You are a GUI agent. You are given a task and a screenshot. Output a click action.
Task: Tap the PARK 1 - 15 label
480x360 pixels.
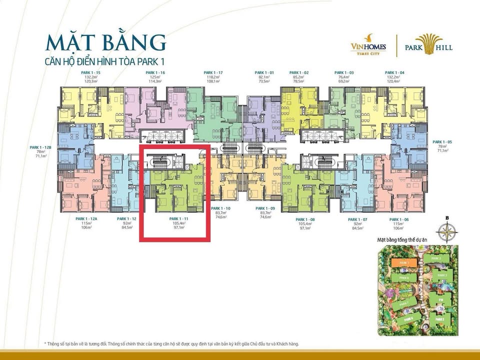(x=90, y=73)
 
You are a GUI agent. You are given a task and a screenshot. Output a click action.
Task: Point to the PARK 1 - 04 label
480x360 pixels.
(x=395, y=73)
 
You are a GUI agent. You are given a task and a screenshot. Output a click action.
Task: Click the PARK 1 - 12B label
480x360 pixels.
(x=39, y=147)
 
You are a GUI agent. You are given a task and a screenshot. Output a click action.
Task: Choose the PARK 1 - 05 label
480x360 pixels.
(x=442, y=141)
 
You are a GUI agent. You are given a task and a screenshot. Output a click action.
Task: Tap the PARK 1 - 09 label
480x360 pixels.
(x=265, y=208)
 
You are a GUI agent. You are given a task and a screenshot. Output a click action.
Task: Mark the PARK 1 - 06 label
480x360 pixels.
(x=398, y=219)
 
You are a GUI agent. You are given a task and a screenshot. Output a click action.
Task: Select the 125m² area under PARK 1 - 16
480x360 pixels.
(x=155, y=77)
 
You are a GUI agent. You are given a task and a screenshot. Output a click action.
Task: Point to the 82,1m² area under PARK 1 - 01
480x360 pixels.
(x=264, y=77)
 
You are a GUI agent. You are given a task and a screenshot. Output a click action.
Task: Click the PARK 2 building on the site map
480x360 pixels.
(x=436, y=258)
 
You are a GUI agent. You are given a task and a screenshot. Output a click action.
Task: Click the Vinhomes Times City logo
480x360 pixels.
(x=368, y=45)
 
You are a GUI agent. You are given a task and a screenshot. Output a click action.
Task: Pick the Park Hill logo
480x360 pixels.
(x=428, y=45)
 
